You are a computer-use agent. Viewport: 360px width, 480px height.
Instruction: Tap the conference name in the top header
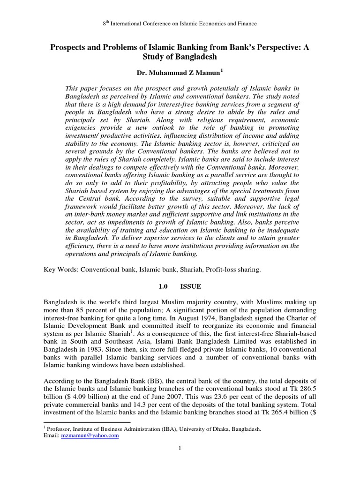point(180,23)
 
